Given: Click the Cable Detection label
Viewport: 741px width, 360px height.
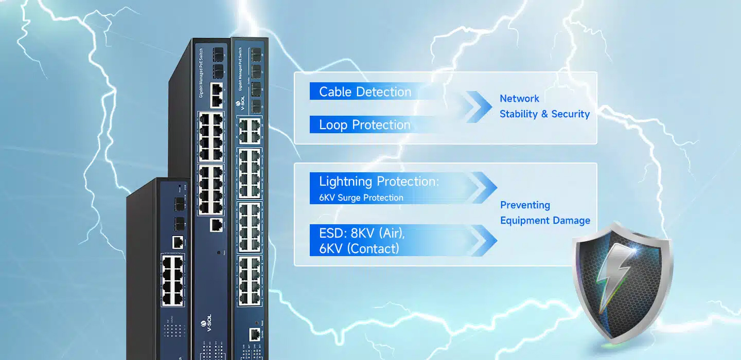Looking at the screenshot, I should [x=365, y=92].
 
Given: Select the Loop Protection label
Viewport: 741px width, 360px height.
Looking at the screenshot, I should [x=364, y=125].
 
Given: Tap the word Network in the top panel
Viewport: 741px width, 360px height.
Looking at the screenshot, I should [x=519, y=99].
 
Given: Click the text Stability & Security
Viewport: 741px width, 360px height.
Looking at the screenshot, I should [x=544, y=114].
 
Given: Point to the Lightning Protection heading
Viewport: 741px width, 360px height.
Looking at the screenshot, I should [x=379, y=182].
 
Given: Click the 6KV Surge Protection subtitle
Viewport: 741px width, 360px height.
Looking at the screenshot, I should [x=361, y=197].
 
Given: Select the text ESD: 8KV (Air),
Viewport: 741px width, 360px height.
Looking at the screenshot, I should [x=362, y=233].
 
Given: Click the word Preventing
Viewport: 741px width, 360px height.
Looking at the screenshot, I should [x=525, y=205].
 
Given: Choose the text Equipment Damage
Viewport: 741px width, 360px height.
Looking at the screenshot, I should [x=545, y=221].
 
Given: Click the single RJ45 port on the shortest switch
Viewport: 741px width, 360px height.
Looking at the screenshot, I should [x=178, y=241].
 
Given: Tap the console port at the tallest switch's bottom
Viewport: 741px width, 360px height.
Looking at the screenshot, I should [x=254, y=334].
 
